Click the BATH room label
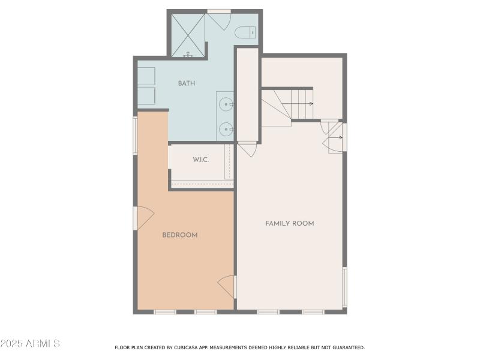(x=186, y=83)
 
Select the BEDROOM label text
(x=180, y=235)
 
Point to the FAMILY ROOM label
(x=290, y=223)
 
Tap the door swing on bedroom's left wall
(x=145, y=218)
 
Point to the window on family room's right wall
(x=344, y=287)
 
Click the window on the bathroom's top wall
(x=219, y=11)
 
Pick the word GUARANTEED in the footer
(x=346, y=347)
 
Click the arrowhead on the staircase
(x=311, y=104)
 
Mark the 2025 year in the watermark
(x=11, y=344)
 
